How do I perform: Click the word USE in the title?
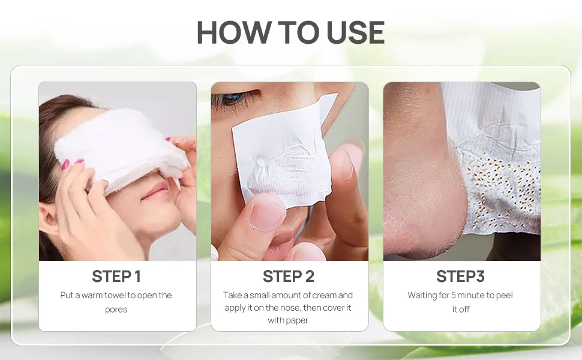point(355,32)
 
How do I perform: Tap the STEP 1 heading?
point(116,277)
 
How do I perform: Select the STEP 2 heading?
point(289,277)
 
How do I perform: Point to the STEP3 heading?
point(461,277)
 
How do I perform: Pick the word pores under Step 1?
point(116,310)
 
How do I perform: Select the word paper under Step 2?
point(298,320)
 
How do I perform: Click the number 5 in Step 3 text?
point(453,295)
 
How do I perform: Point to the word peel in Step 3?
point(505,295)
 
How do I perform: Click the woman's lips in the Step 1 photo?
point(155,193)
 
